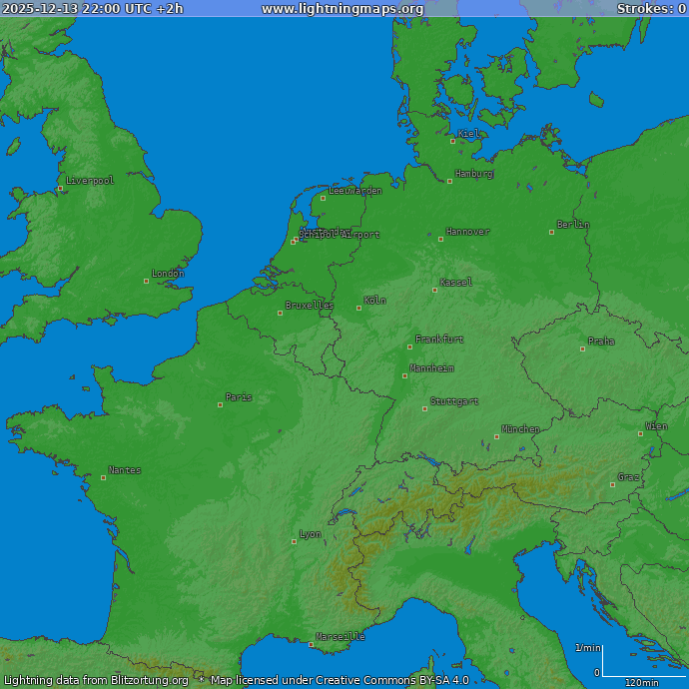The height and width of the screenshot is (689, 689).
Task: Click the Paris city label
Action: (239, 397)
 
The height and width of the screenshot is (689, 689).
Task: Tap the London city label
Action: (168, 274)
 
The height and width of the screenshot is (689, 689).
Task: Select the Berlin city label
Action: (573, 225)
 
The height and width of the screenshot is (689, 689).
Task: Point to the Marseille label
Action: (341, 636)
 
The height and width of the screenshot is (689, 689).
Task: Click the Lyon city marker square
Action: (295, 541)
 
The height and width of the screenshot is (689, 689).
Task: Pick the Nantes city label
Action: (125, 470)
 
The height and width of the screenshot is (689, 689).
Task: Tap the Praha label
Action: (601, 342)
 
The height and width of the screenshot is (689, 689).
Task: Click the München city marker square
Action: (497, 436)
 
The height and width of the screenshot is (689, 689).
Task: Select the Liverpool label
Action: (90, 181)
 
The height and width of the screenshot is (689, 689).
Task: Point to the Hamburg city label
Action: (474, 174)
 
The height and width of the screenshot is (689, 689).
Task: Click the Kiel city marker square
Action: (452, 141)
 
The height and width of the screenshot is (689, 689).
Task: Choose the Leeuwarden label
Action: (355, 191)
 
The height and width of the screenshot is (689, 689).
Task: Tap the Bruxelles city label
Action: (310, 306)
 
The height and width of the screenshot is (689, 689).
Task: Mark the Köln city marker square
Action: (359, 308)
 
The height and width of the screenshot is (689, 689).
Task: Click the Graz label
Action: (629, 477)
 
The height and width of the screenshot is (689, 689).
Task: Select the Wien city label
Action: (656, 426)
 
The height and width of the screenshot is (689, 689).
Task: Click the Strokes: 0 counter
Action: (651, 9)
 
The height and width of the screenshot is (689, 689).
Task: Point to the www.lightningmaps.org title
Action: (343, 9)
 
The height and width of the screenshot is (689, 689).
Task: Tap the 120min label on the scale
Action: (641, 683)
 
